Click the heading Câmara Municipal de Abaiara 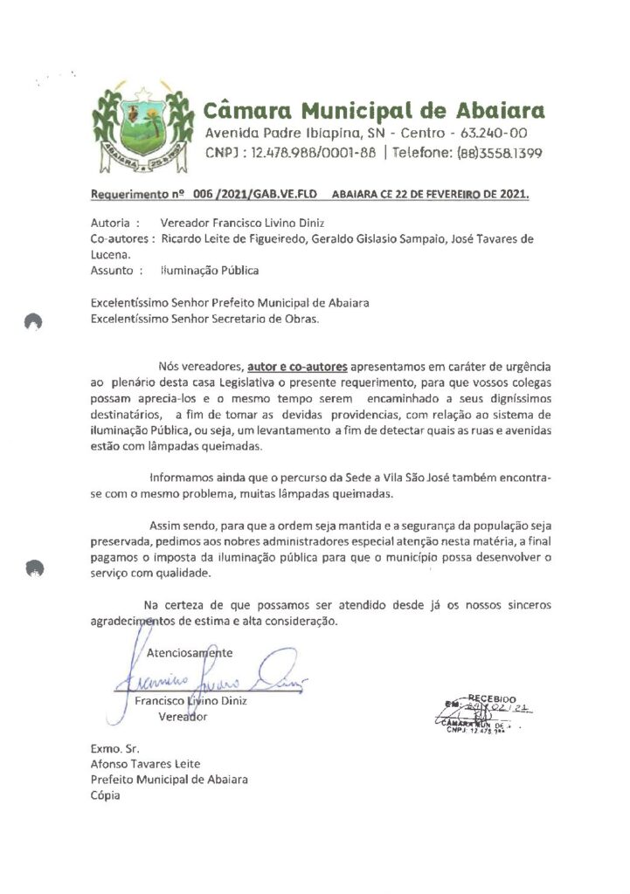[x=374, y=111]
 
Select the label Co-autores [x=122, y=239]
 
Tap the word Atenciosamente [x=190, y=652]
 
